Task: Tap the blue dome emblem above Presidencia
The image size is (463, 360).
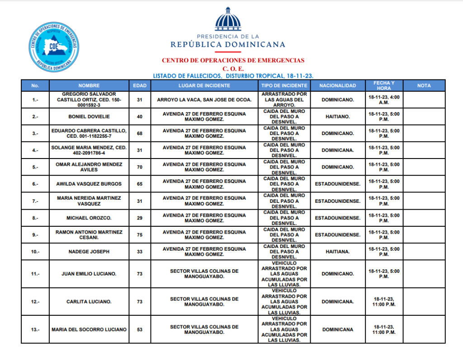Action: pyautogui.click(x=228, y=20)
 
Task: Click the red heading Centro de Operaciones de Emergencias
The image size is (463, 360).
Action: pyautogui.click(x=233, y=60)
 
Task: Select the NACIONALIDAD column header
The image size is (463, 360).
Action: pyautogui.click(x=337, y=85)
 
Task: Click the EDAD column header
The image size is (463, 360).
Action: pyautogui.click(x=139, y=85)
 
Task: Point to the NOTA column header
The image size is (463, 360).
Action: pyautogui.click(x=424, y=85)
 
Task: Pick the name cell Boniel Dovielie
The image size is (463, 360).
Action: pyautogui.click(x=89, y=117)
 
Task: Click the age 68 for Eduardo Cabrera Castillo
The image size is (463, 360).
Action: pyautogui.click(x=139, y=133)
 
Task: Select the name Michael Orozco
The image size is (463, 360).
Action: pyautogui.click(x=89, y=218)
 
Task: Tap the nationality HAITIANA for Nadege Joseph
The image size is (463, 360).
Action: pyautogui.click(x=337, y=252)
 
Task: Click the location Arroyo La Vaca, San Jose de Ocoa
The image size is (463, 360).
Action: pyautogui.click(x=204, y=99)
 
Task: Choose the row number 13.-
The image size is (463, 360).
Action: pyautogui.click(x=35, y=330)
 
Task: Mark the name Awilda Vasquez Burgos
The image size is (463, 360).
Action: pyautogui.click(x=89, y=184)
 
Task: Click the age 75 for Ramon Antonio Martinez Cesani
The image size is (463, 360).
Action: pyautogui.click(x=139, y=235)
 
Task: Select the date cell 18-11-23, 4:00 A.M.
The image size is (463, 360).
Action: pyautogui.click(x=384, y=99)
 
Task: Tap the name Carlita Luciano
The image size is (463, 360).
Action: pyautogui.click(x=89, y=302)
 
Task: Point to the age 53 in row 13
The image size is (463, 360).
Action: pyautogui.click(x=139, y=330)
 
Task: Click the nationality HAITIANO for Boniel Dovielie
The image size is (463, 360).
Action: pyautogui.click(x=337, y=117)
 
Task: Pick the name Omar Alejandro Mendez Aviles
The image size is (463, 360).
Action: pyautogui.click(x=89, y=167)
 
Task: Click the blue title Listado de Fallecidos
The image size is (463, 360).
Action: pyautogui.click(x=233, y=75)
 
